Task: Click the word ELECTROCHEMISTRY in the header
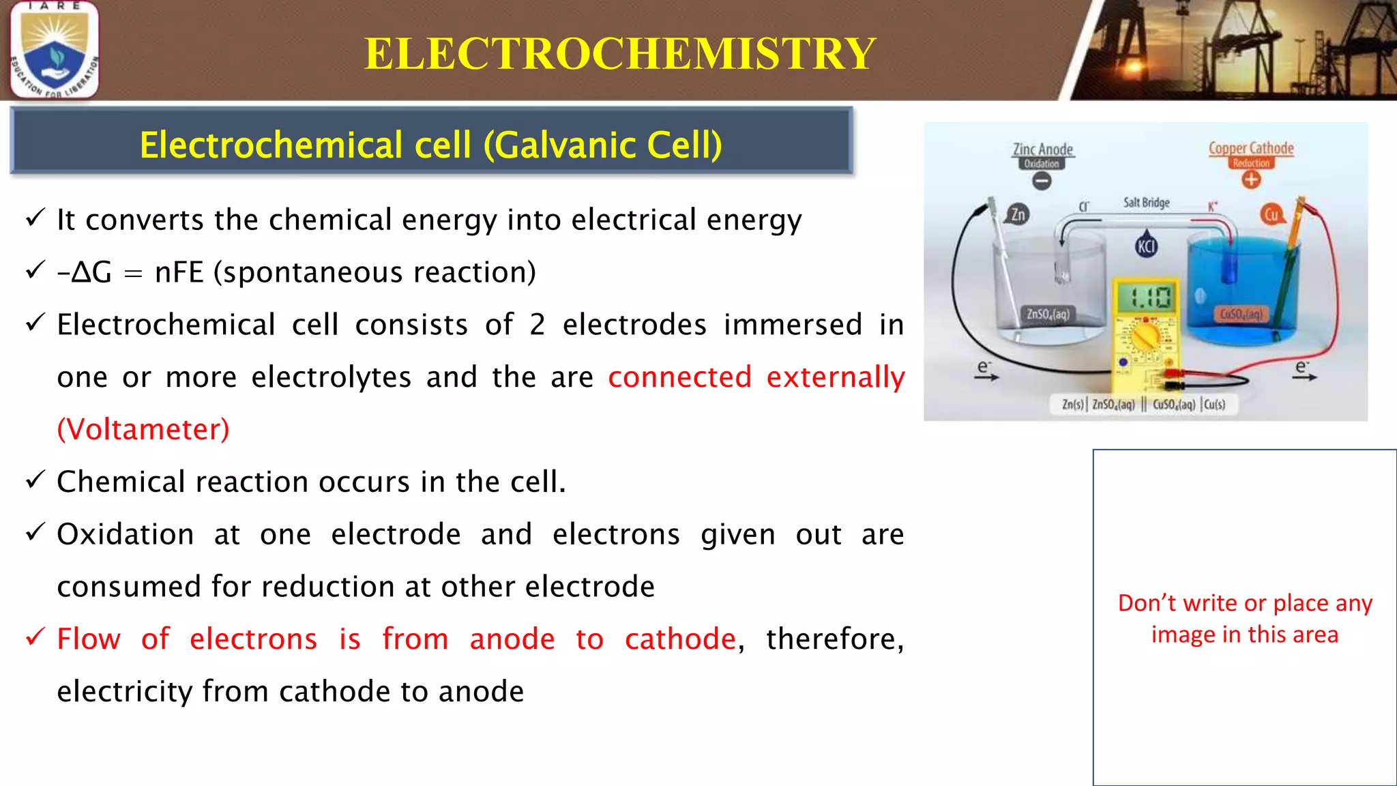click(619, 53)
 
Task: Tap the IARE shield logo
click(55, 50)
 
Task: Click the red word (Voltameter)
click(143, 429)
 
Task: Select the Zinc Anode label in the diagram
click(1042, 149)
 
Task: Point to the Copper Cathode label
click(1251, 148)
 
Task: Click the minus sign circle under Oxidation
click(1042, 181)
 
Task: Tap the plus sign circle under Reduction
click(1251, 180)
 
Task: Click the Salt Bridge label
click(1146, 203)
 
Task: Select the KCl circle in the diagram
click(1146, 246)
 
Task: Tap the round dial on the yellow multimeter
click(1145, 337)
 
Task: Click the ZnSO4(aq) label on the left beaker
click(1048, 314)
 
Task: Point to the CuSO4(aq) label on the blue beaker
click(1241, 314)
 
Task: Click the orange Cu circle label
click(1271, 215)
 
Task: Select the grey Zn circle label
click(1017, 215)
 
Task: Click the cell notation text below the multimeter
click(1144, 405)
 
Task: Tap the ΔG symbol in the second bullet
click(91, 272)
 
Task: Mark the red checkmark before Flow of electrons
click(35, 637)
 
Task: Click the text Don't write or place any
click(1244, 603)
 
